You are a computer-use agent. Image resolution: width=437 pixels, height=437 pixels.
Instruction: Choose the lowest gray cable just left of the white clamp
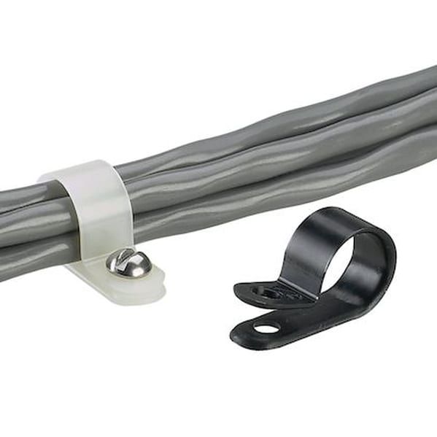tap(36, 259)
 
